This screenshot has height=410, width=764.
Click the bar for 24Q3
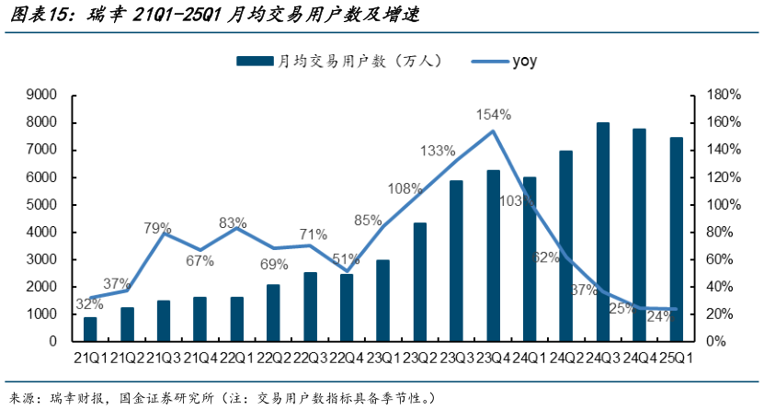pyautogui.click(x=603, y=232)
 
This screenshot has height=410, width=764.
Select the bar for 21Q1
pyautogui.click(x=90, y=329)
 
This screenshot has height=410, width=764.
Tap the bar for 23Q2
pyautogui.click(x=420, y=281)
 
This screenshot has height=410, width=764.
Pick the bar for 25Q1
pyautogui.click(x=676, y=239)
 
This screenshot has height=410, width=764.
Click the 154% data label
pyautogui.click(x=493, y=115)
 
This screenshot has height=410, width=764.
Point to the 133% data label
pyautogui.click(x=438, y=151)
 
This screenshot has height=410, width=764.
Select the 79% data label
pyautogui.click(x=157, y=227)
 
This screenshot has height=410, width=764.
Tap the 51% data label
pyautogui.click(x=347, y=258)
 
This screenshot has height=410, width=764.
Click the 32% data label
pyautogui.click(x=89, y=303)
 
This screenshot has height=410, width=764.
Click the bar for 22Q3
pyautogui.click(x=310, y=306)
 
